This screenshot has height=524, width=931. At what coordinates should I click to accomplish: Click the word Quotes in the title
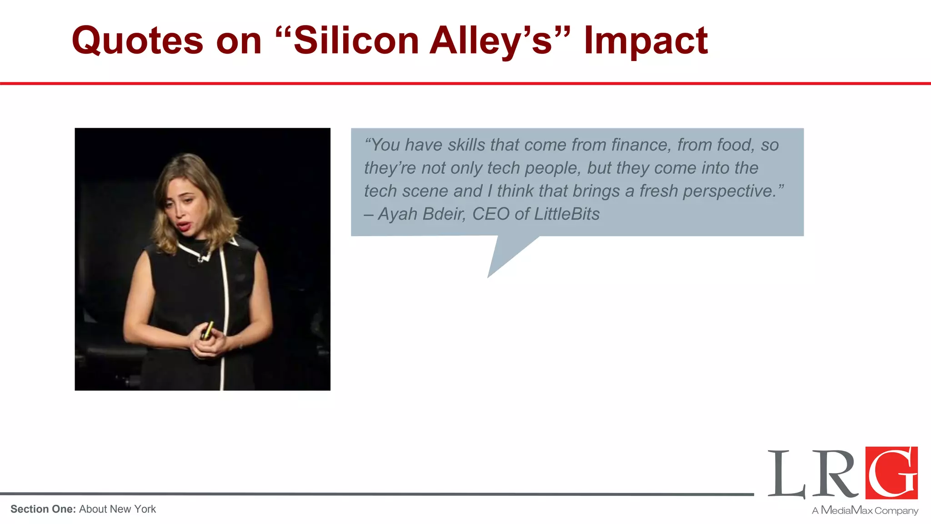point(137,41)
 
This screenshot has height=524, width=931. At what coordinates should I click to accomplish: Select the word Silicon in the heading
point(356,41)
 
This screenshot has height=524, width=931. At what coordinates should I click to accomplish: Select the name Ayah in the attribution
point(397,214)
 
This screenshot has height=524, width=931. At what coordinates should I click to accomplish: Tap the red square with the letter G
point(891,473)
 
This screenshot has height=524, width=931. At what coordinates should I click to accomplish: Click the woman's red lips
point(184,226)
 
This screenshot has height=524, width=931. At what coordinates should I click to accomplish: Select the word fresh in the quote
point(658,191)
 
